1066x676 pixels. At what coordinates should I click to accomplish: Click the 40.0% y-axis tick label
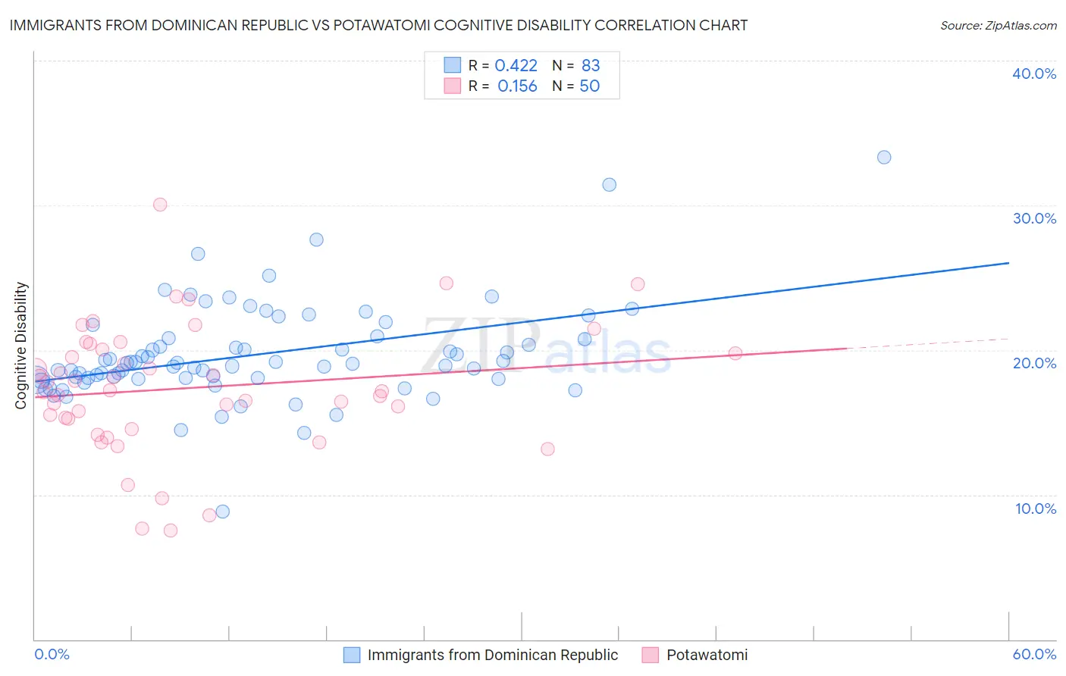tap(1033, 74)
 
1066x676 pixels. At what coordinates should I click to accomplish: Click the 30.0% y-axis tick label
tap(1033, 218)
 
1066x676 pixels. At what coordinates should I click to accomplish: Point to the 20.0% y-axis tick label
tap(1033, 363)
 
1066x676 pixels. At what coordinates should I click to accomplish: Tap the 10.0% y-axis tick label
tap(1035, 509)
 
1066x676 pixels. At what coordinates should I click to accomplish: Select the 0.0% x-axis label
tap(52, 654)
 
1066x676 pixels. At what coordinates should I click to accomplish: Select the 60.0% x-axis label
tap(1034, 654)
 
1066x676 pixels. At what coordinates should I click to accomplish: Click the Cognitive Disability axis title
tap(20, 346)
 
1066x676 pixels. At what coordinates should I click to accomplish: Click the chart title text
tap(378, 25)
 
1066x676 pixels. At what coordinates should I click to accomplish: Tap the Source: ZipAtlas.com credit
tap(998, 25)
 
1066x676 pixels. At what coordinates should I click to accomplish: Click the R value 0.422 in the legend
tap(516, 66)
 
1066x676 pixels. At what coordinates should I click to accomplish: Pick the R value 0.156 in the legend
tap(517, 86)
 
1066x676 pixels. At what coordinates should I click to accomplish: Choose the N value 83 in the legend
tap(591, 66)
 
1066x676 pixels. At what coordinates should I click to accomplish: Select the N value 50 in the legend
tap(589, 86)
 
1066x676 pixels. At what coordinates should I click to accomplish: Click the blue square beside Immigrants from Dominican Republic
tap(352, 655)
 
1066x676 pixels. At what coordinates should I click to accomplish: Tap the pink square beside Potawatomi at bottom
tap(651, 655)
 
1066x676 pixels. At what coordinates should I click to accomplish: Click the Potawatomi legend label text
tap(707, 655)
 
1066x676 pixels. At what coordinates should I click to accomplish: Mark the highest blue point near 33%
tap(884, 158)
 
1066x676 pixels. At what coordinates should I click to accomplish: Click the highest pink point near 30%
tap(160, 205)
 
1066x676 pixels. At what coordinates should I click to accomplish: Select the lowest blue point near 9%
tap(222, 512)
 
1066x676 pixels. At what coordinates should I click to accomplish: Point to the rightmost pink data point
tap(735, 353)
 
